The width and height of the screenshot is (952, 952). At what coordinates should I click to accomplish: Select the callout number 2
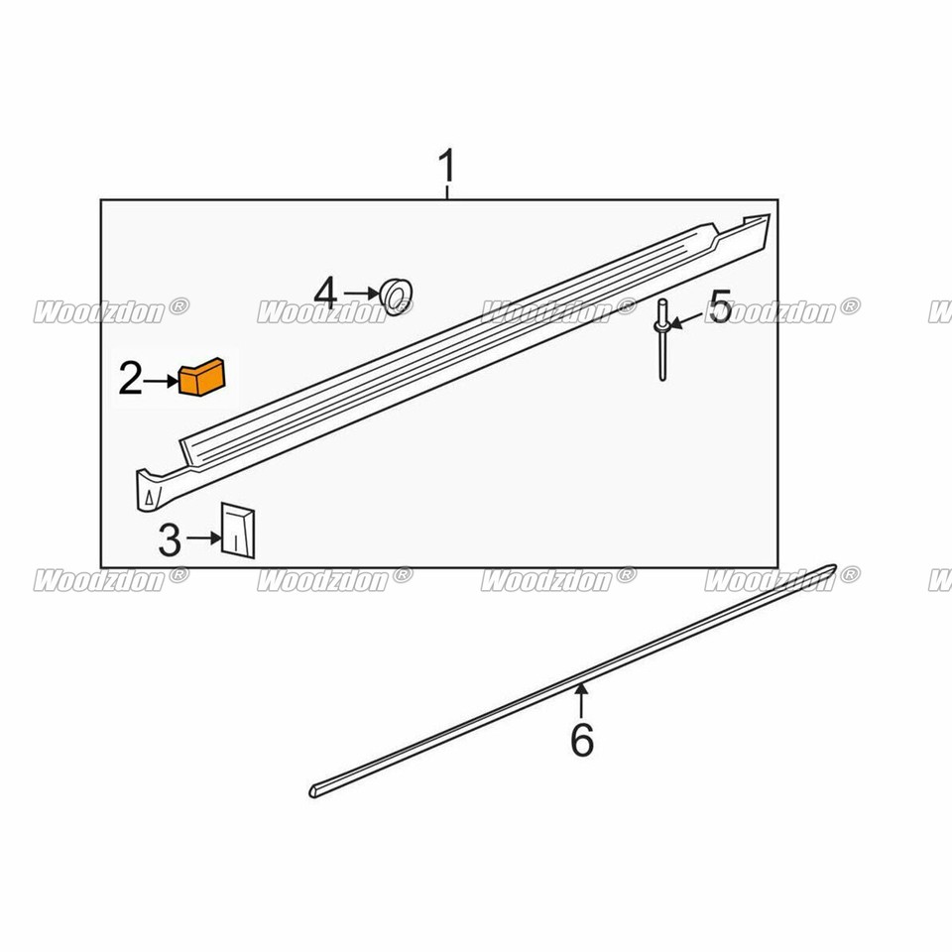point(132,378)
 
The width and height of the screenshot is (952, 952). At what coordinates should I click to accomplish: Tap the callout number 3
point(170,540)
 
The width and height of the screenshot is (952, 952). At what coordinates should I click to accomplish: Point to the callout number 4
point(326,293)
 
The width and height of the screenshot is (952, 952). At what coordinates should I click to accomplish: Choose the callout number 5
point(720,308)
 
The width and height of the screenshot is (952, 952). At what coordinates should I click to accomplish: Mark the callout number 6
point(582,739)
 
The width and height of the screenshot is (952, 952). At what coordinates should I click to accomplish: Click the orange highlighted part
point(202,377)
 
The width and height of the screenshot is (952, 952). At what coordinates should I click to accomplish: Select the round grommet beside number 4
point(397,296)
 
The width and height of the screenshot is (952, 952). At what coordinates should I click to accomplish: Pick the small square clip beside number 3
point(238,531)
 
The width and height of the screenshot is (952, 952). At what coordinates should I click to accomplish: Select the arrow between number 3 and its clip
point(202,537)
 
